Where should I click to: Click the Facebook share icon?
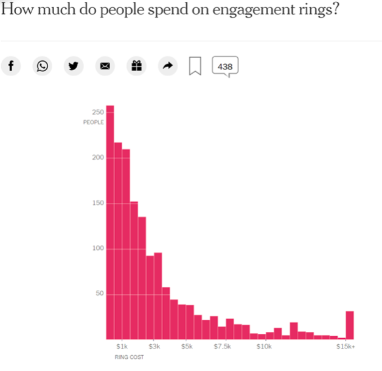(x=10, y=66)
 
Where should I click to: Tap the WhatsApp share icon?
(x=42, y=66)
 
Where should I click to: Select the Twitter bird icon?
(x=74, y=66)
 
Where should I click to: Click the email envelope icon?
(x=105, y=66)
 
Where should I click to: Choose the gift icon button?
(x=136, y=66)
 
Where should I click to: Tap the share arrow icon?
(x=167, y=66)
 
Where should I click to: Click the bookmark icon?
(x=195, y=66)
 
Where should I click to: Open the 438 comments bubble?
(x=225, y=66)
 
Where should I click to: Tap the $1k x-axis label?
(x=122, y=347)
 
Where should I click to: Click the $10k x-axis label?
(x=264, y=347)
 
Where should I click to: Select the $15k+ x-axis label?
(x=346, y=347)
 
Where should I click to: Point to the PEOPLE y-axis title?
(x=94, y=122)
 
